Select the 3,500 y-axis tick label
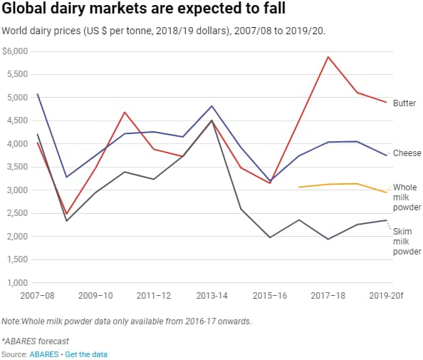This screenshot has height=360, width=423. click(15, 168)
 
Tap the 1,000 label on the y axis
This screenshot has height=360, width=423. click(15, 283)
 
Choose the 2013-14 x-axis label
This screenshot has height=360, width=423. click(211, 294)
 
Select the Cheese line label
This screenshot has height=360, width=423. click(407, 153)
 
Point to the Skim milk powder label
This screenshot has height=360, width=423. click(407, 242)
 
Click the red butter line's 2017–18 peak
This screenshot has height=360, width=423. click(328, 57)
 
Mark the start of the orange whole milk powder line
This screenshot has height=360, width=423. click(299, 187)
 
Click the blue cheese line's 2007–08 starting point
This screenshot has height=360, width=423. click(37, 94)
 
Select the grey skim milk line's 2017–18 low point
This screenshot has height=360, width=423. click(328, 239)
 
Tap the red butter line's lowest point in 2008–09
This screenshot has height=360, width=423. click(66, 214)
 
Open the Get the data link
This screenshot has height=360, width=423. click(86, 354)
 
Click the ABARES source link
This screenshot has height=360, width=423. click(41, 354)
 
